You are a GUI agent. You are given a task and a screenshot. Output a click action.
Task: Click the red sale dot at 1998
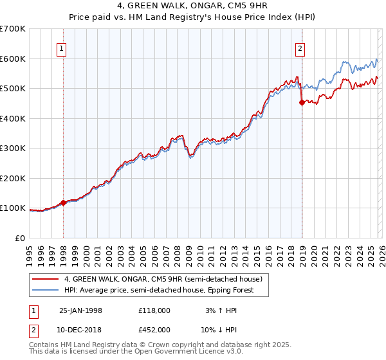[x=64, y=203]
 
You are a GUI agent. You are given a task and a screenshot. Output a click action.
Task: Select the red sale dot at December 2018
[x=302, y=102]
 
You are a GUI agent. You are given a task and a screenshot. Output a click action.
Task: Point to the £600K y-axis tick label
[x=13, y=59]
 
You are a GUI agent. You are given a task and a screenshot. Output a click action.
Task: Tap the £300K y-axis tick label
[x=13, y=148]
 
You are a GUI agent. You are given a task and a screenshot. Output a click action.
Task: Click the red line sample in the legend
[x=46, y=280]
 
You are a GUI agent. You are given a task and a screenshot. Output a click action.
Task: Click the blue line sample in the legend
[x=46, y=290]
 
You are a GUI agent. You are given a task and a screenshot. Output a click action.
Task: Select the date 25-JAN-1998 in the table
[x=80, y=310]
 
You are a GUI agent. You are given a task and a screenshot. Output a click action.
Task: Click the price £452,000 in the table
[x=154, y=330]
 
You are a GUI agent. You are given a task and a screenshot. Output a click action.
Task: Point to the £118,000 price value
[x=154, y=310]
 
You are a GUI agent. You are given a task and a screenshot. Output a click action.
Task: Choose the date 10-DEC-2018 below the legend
[x=80, y=330]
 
